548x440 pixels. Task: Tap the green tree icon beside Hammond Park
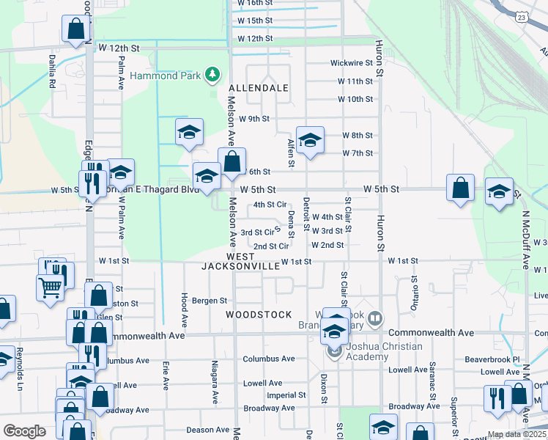click(x=212, y=73)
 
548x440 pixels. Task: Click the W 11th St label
click(x=355, y=81)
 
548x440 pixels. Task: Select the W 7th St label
click(x=358, y=153)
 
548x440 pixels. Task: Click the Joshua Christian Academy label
click(x=373, y=351)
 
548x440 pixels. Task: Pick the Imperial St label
click(x=281, y=395)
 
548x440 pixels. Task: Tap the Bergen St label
click(x=210, y=301)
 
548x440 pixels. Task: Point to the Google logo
click(x=24, y=431)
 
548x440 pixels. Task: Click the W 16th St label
click(x=255, y=4)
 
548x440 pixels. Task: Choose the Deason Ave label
click(x=207, y=430)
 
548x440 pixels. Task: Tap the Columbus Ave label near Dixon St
click(x=269, y=359)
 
